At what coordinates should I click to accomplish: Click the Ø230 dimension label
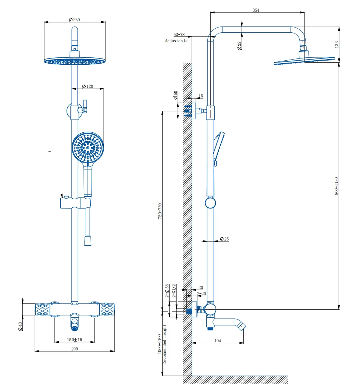[x=74, y=19]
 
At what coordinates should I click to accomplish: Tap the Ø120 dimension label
[x=88, y=86]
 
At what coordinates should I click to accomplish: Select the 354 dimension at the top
[x=256, y=10]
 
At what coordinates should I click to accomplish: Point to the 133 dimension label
[x=336, y=44]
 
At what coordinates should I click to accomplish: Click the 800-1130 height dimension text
[x=336, y=186]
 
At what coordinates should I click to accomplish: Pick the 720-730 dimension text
[x=160, y=211]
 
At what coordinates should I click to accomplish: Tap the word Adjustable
[x=176, y=41]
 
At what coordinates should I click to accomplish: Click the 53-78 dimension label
[x=179, y=35]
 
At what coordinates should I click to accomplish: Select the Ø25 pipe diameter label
[x=224, y=239]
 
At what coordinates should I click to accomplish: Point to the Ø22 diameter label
[x=239, y=46]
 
